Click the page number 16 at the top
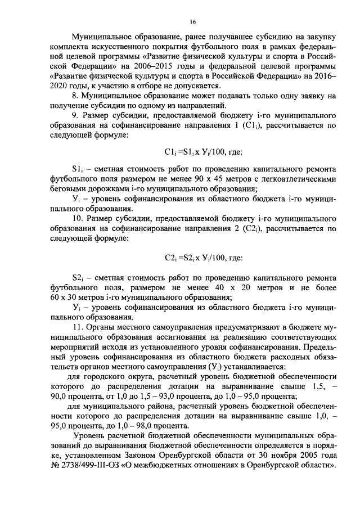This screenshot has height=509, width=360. tap(192, 22)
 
